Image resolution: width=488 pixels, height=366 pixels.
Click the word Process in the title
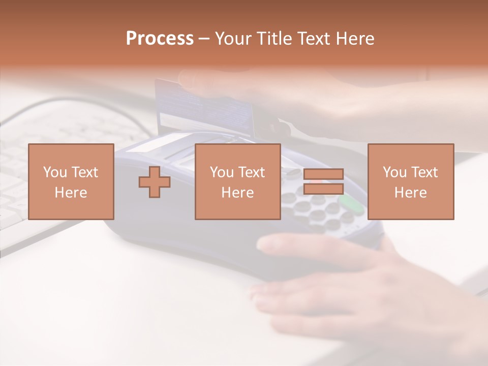[160, 39]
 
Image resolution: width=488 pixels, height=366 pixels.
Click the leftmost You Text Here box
[71, 181]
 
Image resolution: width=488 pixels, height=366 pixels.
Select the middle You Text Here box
[237, 181]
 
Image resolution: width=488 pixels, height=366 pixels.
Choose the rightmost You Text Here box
[410, 181]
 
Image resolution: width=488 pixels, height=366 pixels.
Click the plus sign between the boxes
[155, 181]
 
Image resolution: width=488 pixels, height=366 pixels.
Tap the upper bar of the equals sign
[323, 174]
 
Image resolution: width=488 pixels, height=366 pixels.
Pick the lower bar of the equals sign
[323, 189]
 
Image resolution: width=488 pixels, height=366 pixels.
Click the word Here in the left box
[71, 193]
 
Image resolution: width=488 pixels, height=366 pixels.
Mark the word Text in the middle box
[252, 172]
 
